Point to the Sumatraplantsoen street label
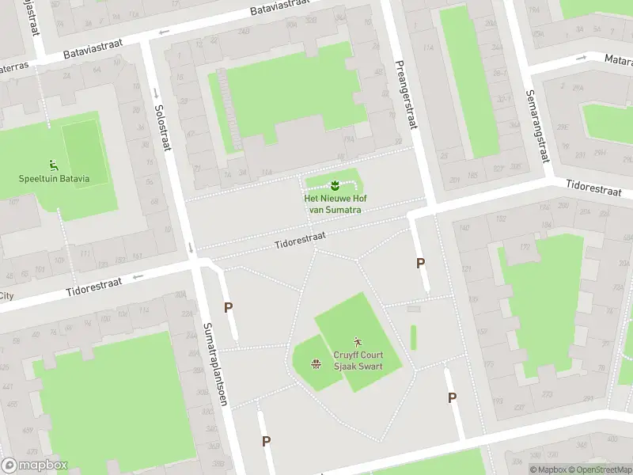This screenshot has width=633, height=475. [x=214, y=363]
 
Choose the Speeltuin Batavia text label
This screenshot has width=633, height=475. [x=54, y=178]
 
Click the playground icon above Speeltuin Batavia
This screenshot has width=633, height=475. [x=54, y=165]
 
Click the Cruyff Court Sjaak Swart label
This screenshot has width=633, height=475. [x=358, y=361]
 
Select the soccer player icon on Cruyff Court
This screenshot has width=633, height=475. [x=358, y=342]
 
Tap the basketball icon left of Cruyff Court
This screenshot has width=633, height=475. [x=316, y=363]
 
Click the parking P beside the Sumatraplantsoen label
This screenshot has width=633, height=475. [x=228, y=308]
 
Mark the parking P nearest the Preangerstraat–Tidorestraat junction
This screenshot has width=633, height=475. [x=420, y=263]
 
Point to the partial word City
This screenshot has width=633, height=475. [x=7, y=296]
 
